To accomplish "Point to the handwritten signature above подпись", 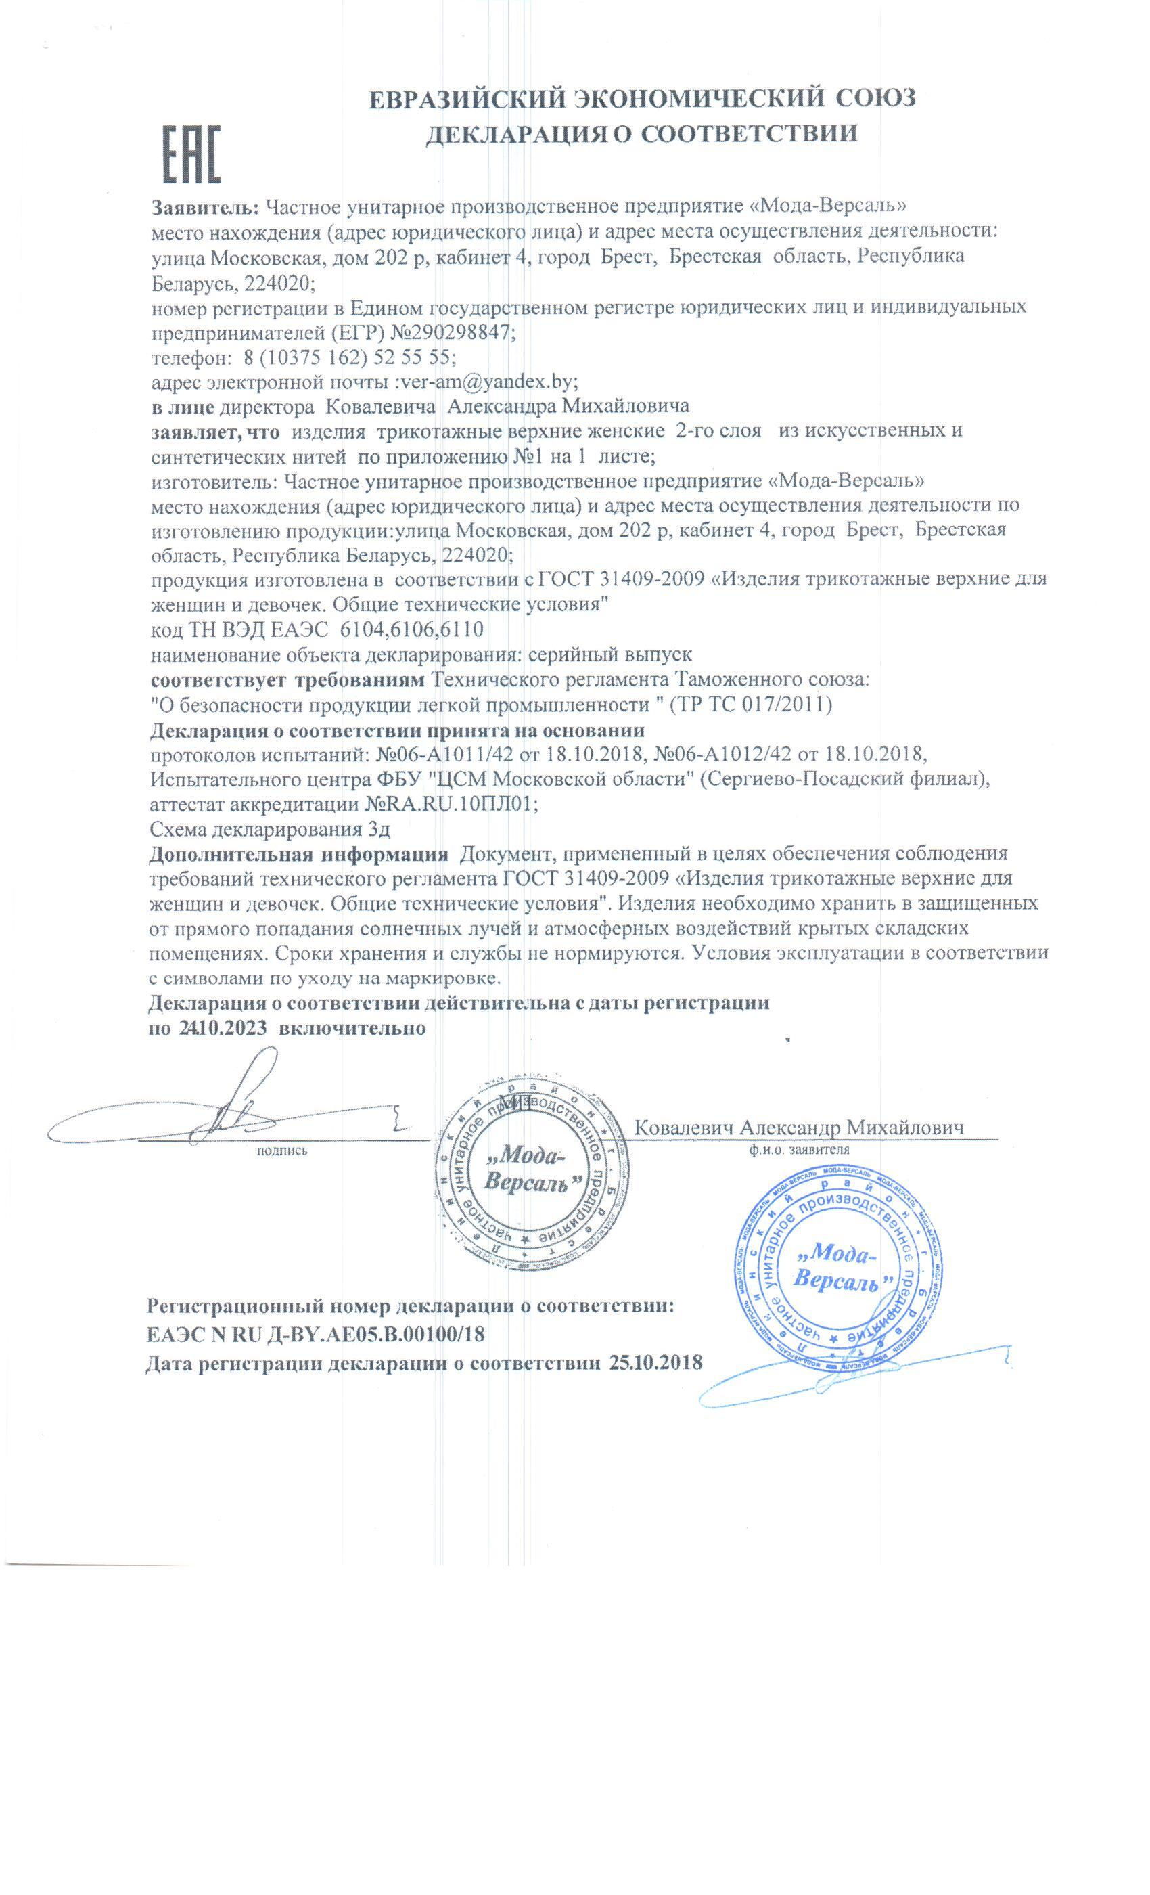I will pos(231,1111).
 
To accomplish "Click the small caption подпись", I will pos(281,1151).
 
